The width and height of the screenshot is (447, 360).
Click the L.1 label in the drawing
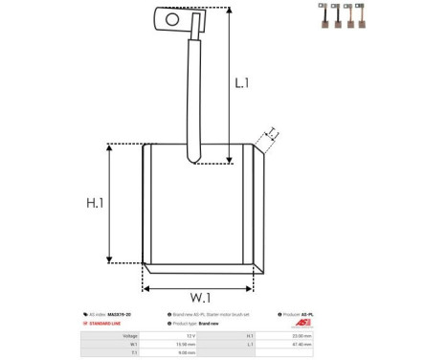[242, 84]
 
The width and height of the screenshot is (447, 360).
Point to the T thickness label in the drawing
[272, 132]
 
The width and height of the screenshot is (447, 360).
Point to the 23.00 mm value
[300, 335]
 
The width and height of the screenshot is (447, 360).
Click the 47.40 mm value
[300, 344]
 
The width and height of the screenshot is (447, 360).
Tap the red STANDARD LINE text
[107, 324]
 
